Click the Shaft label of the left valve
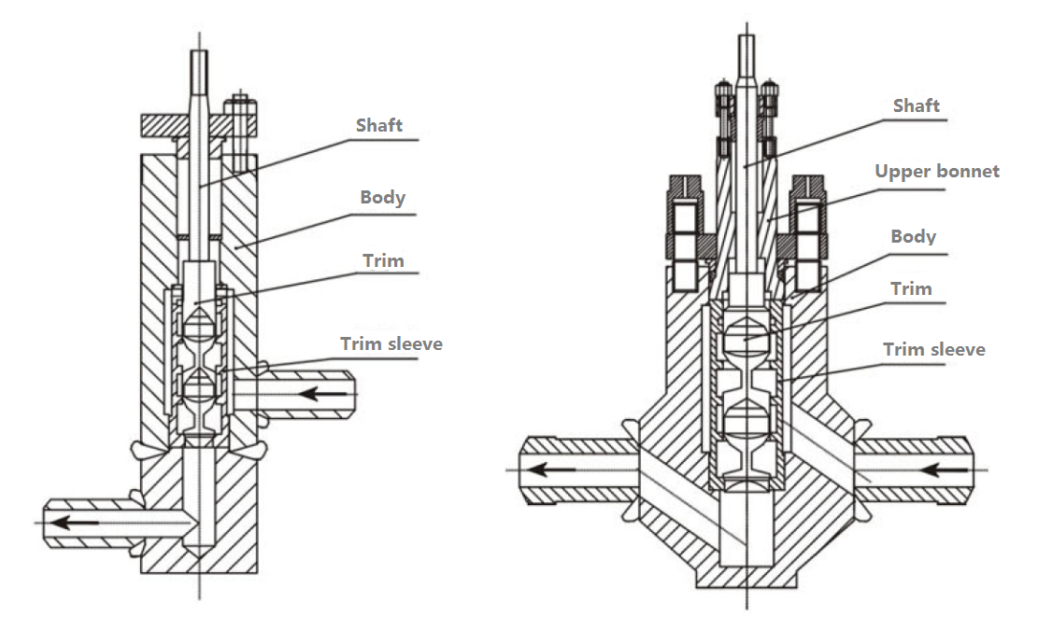coord(378,125)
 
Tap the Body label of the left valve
coord(383,197)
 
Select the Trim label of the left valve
coord(383,260)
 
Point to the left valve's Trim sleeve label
coord(391,343)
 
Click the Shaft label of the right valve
coord(917,105)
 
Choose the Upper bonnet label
coord(937,172)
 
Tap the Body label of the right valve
coord(914,237)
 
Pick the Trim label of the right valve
coord(912,289)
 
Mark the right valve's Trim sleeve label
coord(934,350)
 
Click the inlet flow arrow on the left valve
coord(322,395)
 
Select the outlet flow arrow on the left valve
coord(75,523)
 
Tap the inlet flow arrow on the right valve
coord(945,470)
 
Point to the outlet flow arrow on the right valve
coord(551,470)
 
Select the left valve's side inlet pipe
coord(294,395)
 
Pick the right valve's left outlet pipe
coord(578,470)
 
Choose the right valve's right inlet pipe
coord(915,470)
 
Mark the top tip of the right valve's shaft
coord(747,35)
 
